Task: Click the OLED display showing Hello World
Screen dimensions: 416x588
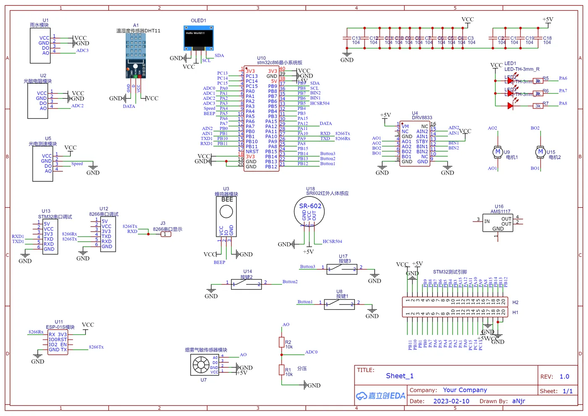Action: pyautogui.click(x=198, y=38)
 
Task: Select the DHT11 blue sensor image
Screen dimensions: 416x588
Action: pyautogui.click(x=136, y=55)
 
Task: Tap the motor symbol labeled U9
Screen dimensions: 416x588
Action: pyautogui.click(x=498, y=152)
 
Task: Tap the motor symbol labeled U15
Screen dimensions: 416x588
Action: pyautogui.click(x=540, y=152)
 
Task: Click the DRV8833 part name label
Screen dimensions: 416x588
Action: pyautogui.click(x=422, y=118)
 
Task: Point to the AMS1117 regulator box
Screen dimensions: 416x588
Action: pyautogui.click(x=498, y=223)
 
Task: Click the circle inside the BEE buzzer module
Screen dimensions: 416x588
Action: pyautogui.click(x=226, y=212)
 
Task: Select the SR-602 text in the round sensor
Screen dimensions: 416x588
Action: pyautogui.click(x=310, y=206)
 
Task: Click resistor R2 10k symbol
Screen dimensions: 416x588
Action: pyautogui.click(x=282, y=342)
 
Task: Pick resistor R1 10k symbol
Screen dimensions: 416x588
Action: pyautogui.click(x=282, y=369)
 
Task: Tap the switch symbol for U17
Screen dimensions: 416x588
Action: pyautogui.click(x=342, y=269)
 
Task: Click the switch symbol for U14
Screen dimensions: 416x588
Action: pyautogui.click(x=247, y=284)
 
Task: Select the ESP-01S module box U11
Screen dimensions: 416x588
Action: pyautogui.click(x=58, y=343)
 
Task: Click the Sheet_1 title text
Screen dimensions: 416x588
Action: pyautogui.click(x=399, y=376)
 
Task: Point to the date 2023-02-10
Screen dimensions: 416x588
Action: pyautogui.click(x=451, y=401)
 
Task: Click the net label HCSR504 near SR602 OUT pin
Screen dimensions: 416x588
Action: pyautogui.click(x=332, y=242)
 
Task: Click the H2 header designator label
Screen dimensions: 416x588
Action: pyautogui.click(x=515, y=302)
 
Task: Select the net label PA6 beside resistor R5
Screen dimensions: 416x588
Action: pyautogui.click(x=563, y=78)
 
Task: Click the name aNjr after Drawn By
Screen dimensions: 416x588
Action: pyautogui.click(x=518, y=401)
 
